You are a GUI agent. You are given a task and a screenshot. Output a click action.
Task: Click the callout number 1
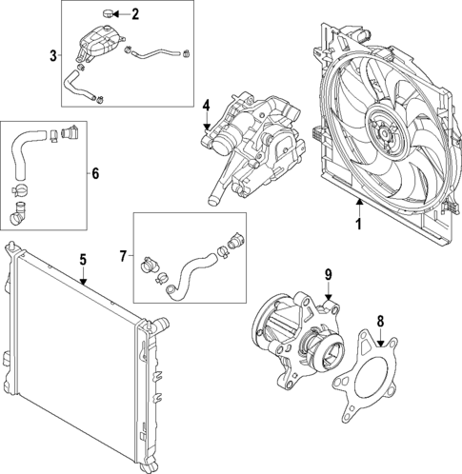(359, 225)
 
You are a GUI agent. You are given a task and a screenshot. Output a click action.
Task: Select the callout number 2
(135, 13)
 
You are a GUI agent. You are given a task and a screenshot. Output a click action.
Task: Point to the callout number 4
(206, 105)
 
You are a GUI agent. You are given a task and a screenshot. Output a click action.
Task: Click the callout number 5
(83, 259)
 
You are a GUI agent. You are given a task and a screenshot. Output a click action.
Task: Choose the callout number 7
(123, 255)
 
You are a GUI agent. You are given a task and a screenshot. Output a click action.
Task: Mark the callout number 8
(380, 321)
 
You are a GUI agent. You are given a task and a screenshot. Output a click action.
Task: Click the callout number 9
(328, 275)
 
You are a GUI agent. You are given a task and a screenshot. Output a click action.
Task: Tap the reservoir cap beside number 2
(110, 13)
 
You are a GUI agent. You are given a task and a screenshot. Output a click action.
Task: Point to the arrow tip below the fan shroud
(359, 203)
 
